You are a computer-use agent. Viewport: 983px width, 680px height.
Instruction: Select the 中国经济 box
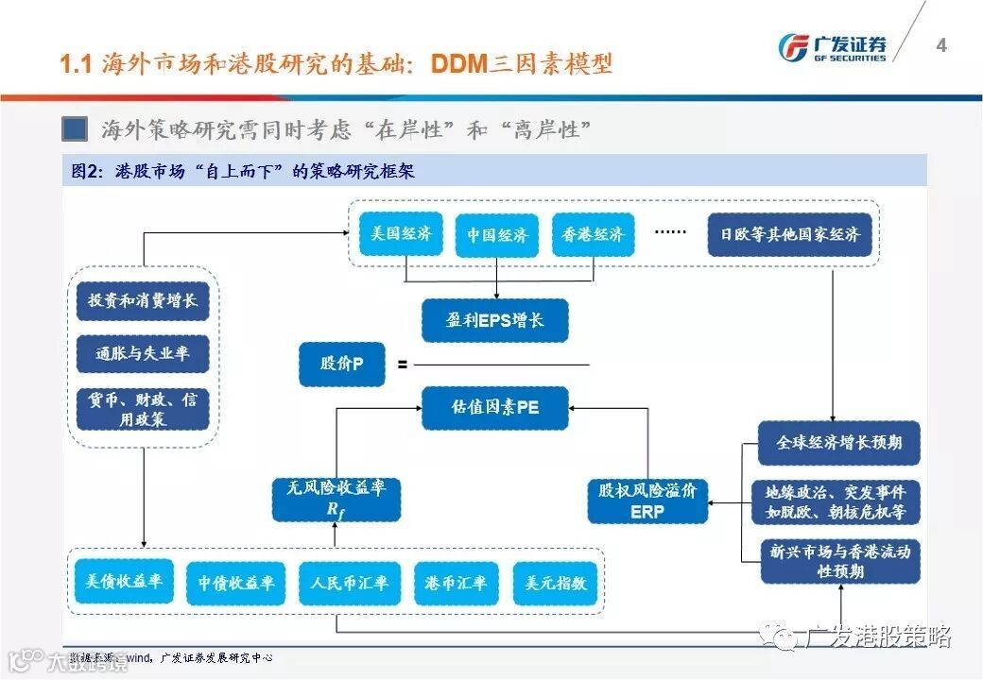(497, 235)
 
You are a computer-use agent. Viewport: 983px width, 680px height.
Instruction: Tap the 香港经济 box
(593, 235)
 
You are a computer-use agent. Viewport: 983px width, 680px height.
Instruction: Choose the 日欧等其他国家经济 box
(790, 235)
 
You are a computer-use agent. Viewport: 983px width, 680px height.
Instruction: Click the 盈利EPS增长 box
(495, 320)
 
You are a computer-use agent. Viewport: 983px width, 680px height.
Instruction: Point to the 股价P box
(342, 364)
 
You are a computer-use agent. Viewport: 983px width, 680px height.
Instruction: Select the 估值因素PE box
(495, 408)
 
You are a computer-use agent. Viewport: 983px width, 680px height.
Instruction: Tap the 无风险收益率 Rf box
(336, 499)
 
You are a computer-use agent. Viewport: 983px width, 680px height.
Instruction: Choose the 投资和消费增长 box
(143, 301)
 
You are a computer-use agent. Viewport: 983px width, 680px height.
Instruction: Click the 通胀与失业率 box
(143, 354)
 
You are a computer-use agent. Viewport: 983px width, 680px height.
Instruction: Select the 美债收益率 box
(124, 583)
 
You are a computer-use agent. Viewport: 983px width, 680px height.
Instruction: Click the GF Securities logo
(832, 46)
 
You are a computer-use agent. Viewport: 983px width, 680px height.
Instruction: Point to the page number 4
(940, 45)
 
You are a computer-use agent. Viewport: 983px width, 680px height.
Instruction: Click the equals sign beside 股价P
(402, 364)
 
